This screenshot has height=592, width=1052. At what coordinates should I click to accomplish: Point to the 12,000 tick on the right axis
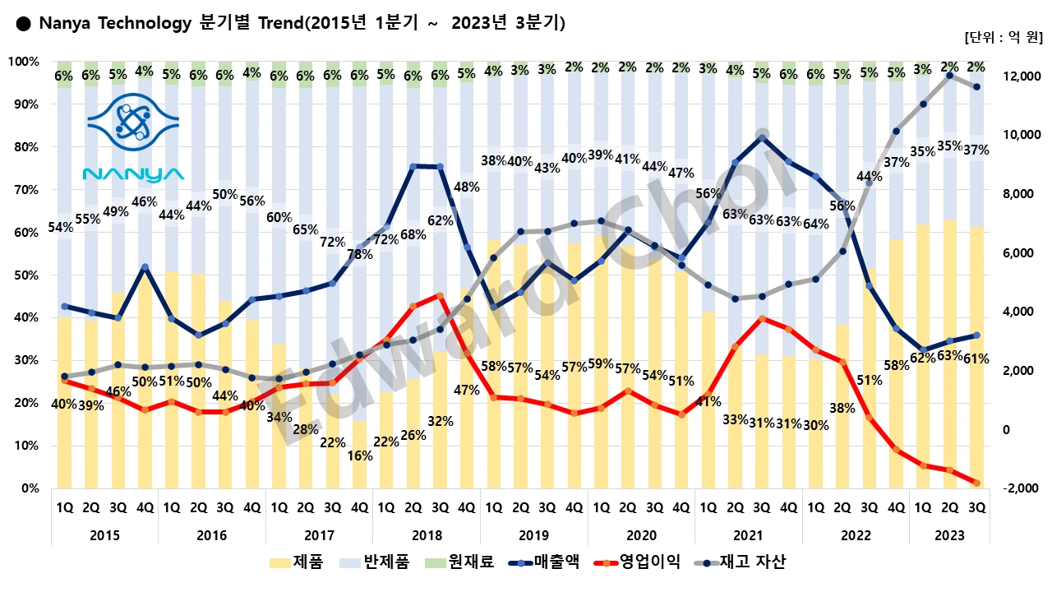point(1019,76)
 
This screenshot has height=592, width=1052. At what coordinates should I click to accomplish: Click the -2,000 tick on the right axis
point(1019,489)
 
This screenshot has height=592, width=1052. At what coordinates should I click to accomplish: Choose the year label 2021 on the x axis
point(748,535)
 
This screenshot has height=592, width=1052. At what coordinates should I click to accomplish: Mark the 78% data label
point(359,255)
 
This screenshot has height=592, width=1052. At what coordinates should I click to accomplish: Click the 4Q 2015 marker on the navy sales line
point(145,267)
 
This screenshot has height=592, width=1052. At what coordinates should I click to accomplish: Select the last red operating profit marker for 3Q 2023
point(976,483)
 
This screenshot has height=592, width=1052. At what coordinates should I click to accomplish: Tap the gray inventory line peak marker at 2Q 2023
point(949,76)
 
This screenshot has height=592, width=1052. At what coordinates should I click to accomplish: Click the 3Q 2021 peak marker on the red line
point(762,318)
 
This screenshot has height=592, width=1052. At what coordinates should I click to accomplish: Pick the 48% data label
point(467,187)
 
